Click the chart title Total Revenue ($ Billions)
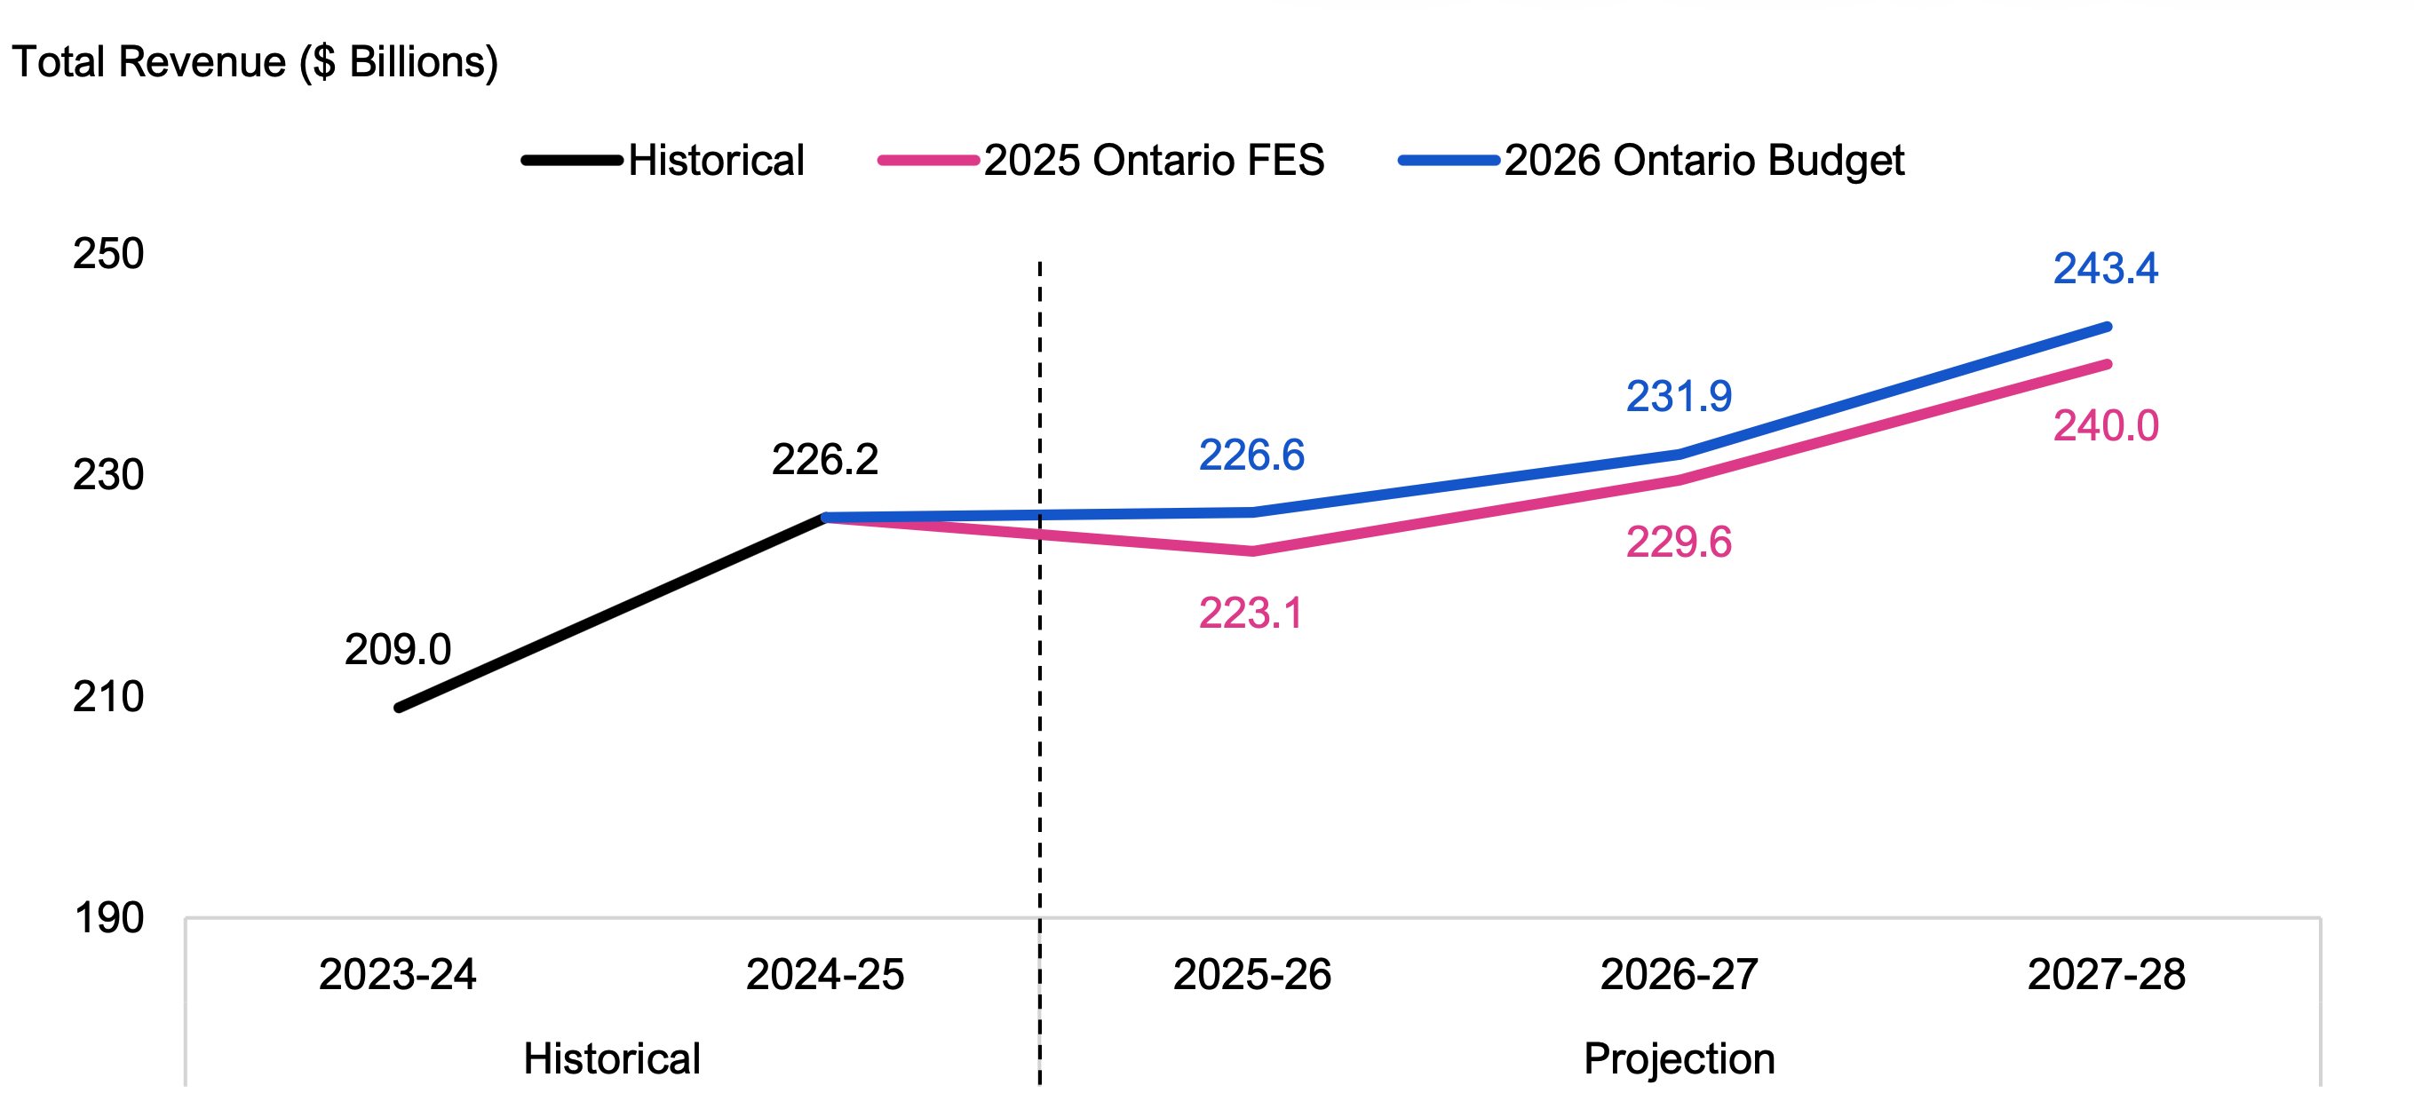tap(254, 63)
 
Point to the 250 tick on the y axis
tap(108, 254)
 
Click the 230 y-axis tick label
tap(108, 475)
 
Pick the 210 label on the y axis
tap(108, 697)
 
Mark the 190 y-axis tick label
tap(108, 918)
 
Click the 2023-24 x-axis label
tap(397, 975)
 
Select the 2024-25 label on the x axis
tap(825, 975)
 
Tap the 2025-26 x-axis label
tap(1252, 975)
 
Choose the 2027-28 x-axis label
tap(2107, 975)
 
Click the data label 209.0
tap(397, 649)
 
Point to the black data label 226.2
tap(825, 459)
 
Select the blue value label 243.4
tap(2106, 269)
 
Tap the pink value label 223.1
tap(1251, 614)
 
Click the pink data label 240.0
tap(2106, 426)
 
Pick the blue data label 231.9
tap(1679, 396)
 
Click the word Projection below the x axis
tap(1679, 1059)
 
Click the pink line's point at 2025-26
tap(1252, 551)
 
